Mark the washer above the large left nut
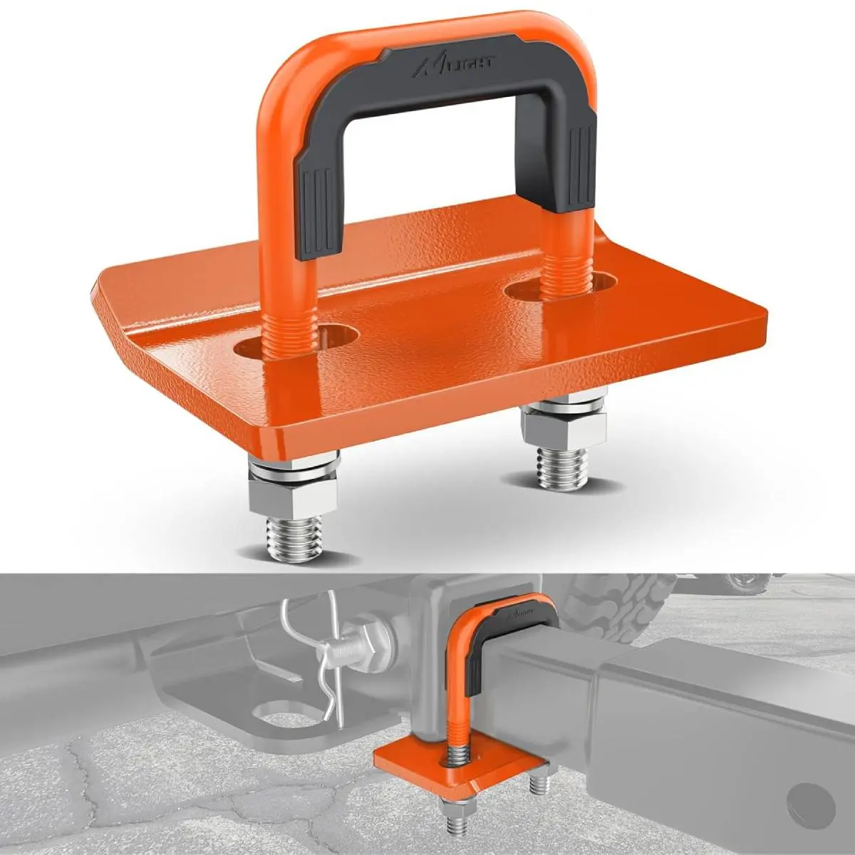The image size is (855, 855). click(292, 472)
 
